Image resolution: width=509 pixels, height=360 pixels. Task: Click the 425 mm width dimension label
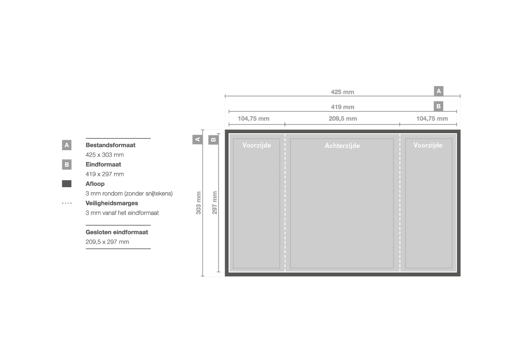(x=343, y=92)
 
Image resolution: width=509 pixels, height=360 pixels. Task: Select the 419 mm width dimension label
(x=343, y=107)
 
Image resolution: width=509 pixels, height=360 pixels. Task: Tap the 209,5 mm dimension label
(x=343, y=119)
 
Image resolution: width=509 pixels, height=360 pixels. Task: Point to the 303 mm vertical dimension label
(x=199, y=202)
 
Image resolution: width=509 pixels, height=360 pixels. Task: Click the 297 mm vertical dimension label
(x=215, y=202)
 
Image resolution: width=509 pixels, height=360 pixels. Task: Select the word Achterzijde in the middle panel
(x=342, y=146)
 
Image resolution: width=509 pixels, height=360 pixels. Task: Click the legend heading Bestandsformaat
(x=110, y=145)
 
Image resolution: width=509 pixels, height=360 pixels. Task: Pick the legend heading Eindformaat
(x=103, y=164)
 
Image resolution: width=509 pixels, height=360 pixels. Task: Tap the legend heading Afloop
(x=95, y=184)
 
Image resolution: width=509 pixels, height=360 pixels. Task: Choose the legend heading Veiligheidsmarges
(x=111, y=203)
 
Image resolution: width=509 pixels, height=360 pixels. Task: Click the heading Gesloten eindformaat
(x=117, y=232)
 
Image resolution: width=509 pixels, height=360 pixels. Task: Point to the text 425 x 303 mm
(x=105, y=155)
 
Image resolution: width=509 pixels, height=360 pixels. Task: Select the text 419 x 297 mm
(x=105, y=174)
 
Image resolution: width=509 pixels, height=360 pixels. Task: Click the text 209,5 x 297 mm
(x=107, y=242)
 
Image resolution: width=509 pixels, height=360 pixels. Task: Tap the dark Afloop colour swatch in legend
(x=67, y=184)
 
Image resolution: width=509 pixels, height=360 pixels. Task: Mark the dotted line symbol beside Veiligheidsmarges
(x=67, y=203)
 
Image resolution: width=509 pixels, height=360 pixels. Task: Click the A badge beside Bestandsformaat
(x=67, y=145)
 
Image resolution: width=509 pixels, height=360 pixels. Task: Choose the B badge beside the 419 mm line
(x=438, y=106)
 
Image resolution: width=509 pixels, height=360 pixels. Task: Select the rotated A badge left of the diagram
(x=197, y=140)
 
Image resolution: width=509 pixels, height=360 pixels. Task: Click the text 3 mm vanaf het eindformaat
(x=122, y=213)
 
